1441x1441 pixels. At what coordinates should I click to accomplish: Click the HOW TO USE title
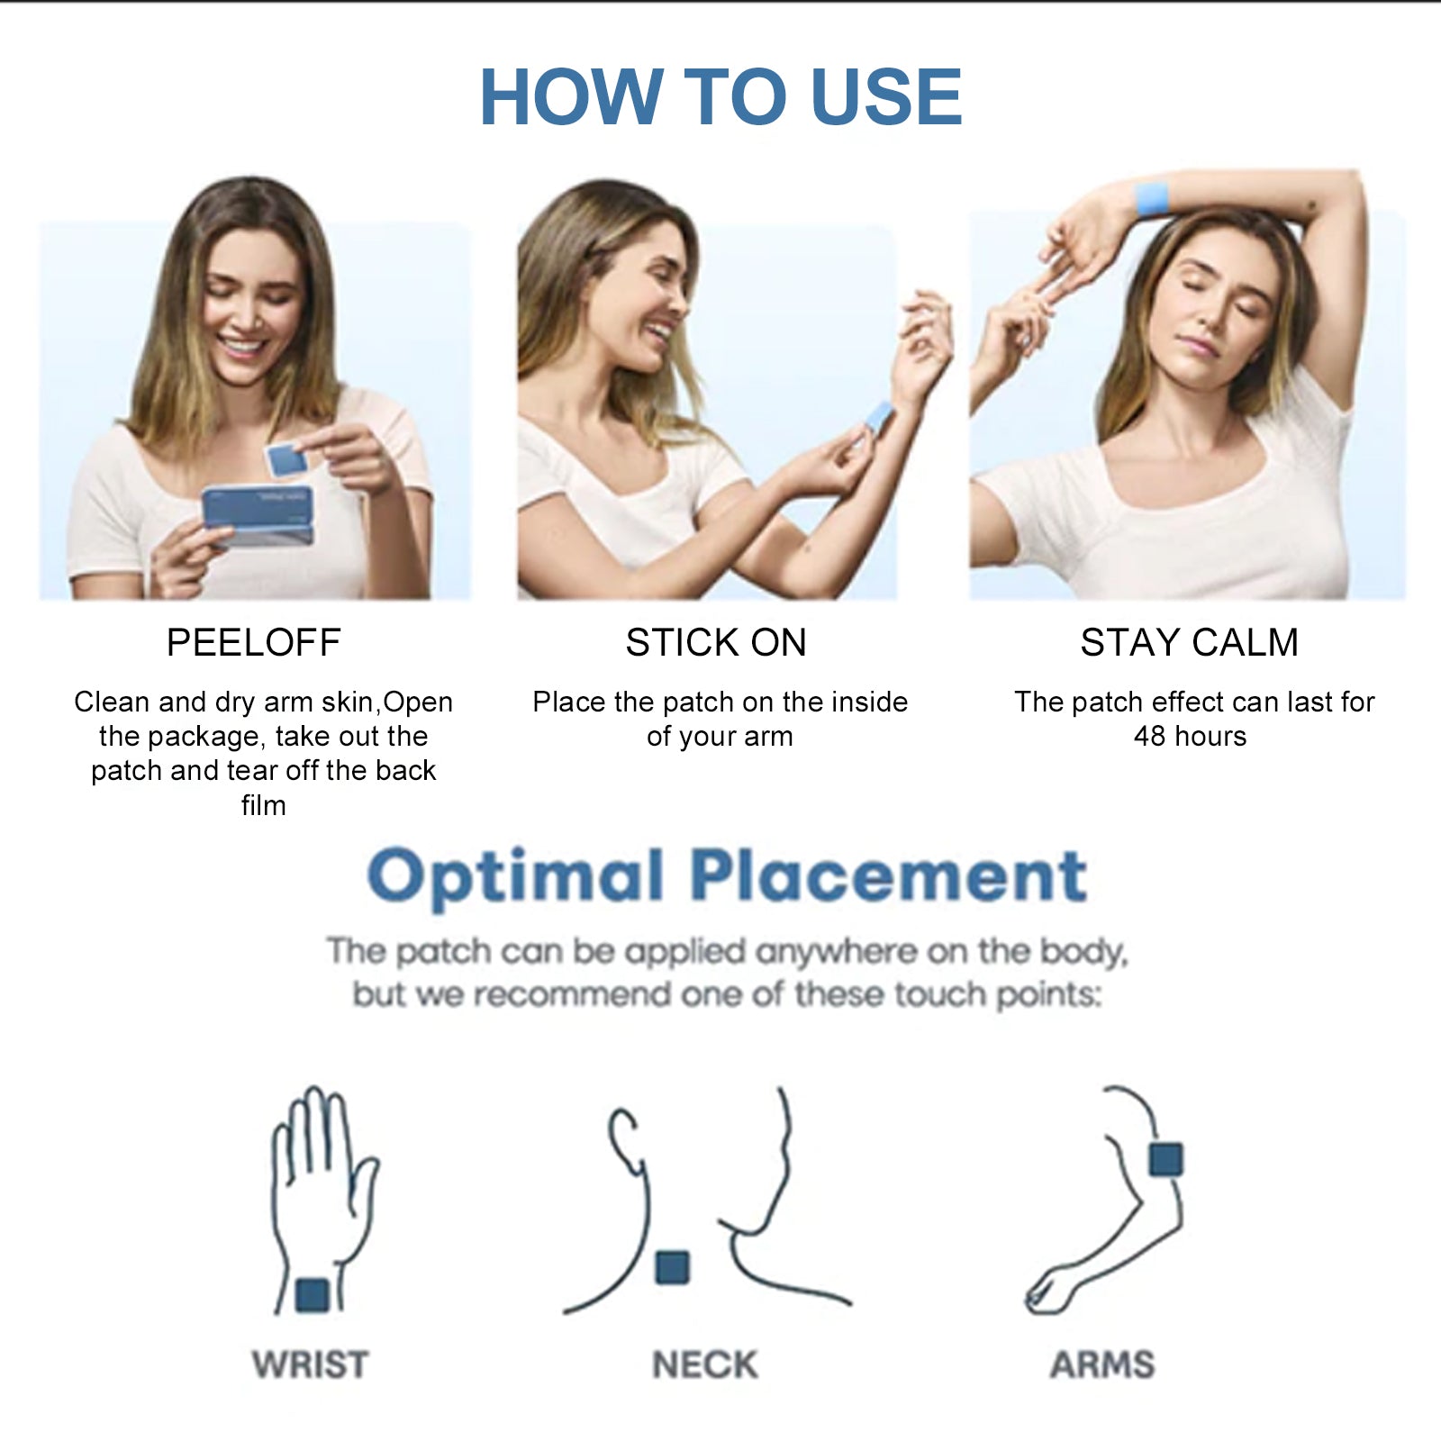[720, 97]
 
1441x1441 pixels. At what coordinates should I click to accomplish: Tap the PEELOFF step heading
[253, 643]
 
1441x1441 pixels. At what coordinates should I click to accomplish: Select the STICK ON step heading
[716, 643]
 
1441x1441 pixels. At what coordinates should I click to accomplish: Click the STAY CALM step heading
[1189, 643]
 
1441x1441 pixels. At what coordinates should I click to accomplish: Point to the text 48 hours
[1189, 737]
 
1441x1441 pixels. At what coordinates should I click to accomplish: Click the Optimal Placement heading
[727, 875]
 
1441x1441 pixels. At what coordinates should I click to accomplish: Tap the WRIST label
[310, 1364]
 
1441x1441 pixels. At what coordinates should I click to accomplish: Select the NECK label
[704, 1364]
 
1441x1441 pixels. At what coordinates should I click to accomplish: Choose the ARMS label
[1101, 1364]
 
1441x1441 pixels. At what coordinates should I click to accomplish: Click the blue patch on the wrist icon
[313, 1295]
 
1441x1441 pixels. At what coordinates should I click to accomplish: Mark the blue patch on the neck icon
[672, 1267]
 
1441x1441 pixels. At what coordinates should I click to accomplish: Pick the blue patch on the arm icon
[1165, 1158]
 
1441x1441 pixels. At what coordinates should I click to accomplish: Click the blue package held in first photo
[258, 515]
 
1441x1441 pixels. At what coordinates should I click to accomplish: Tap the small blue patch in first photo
[285, 459]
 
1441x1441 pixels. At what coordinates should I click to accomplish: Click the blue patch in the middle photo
[876, 416]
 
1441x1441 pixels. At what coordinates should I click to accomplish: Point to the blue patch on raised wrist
[1152, 198]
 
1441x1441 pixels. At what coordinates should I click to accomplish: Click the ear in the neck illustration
[623, 1139]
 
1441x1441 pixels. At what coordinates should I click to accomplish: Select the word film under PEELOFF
[263, 805]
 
